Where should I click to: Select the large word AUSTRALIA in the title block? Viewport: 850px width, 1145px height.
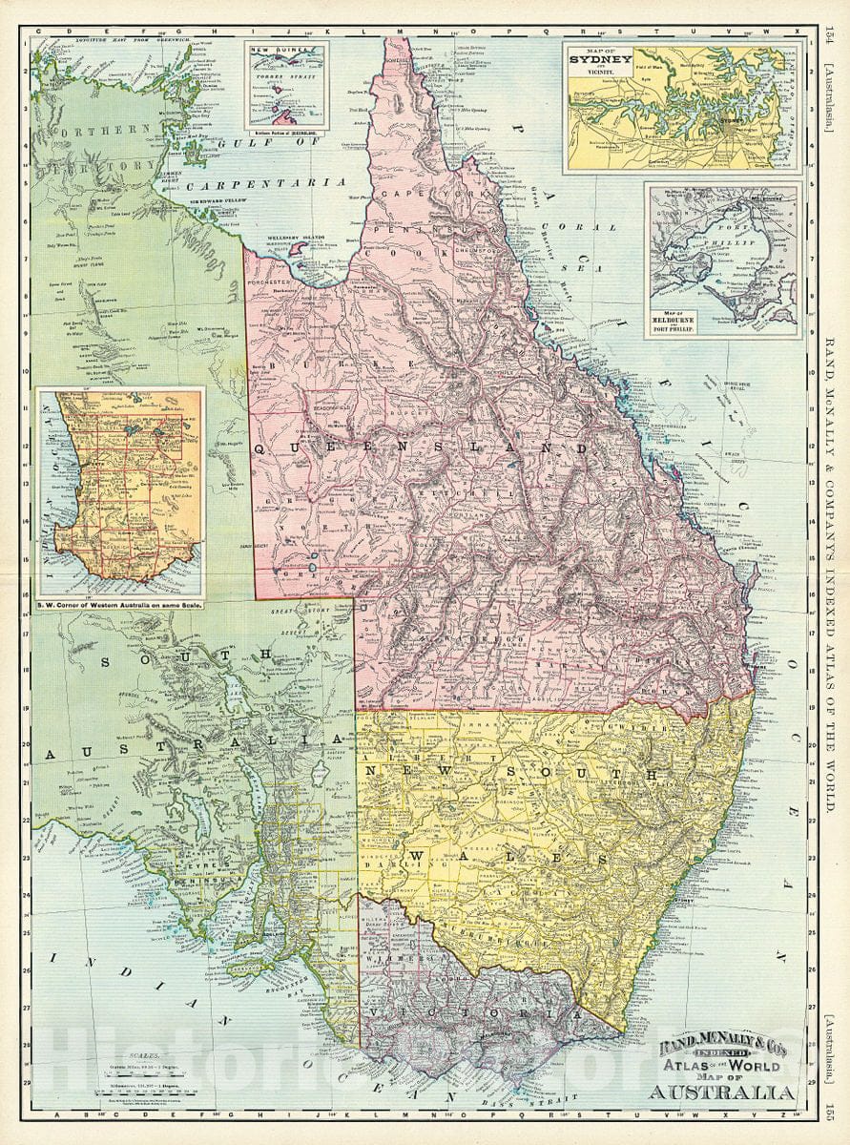click(722, 1092)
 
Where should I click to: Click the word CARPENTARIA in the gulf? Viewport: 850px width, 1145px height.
click(265, 181)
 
